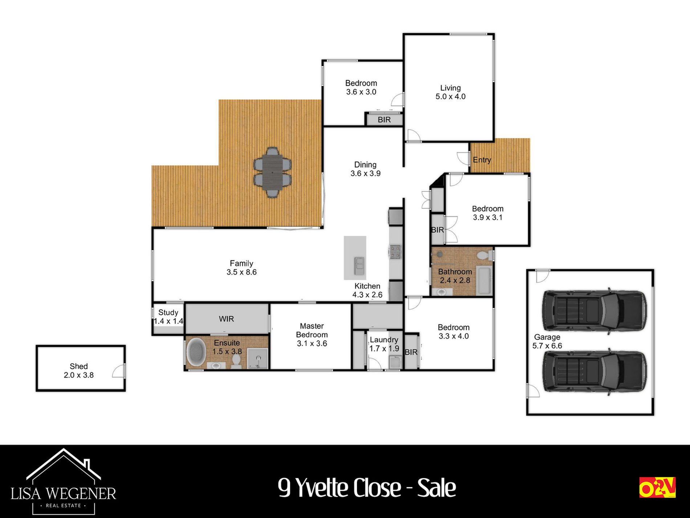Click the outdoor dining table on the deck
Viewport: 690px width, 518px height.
tap(272, 172)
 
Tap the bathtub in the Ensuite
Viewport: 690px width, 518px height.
tap(196, 352)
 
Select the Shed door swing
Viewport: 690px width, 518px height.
tap(118, 370)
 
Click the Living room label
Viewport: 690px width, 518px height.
tap(450, 88)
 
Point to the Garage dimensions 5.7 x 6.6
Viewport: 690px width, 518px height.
tap(547, 346)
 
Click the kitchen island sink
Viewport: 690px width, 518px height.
tap(360, 266)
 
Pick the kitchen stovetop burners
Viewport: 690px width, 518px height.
tap(395, 252)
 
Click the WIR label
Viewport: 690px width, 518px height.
tap(226, 319)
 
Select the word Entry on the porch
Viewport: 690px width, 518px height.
tap(482, 160)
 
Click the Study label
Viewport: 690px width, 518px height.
tap(168, 312)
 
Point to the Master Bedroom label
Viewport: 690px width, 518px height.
tap(312, 330)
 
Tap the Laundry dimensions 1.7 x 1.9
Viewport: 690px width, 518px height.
tap(384, 349)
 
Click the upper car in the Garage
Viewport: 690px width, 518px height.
tap(594, 311)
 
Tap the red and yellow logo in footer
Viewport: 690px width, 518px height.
tap(657, 487)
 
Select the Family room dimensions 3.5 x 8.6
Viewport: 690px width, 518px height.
tap(241, 272)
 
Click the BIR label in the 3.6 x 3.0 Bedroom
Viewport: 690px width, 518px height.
tap(384, 120)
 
